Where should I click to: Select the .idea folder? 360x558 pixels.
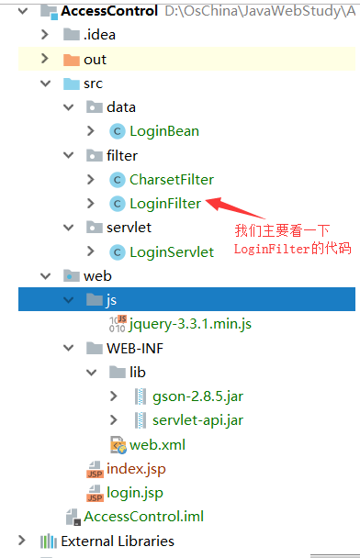(99, 35)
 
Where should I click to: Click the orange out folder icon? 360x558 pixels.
(70, 59)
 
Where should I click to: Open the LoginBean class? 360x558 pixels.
(163, 130)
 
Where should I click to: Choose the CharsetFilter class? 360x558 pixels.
(172, 179)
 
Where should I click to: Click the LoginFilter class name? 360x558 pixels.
(165, 203)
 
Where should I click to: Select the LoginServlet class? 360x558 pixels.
(171, 251)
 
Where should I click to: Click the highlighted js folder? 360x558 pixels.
(110, 299)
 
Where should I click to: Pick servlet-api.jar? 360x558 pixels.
(197, 419)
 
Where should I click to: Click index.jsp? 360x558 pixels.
(135, 468)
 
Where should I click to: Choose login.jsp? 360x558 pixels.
(134, 492)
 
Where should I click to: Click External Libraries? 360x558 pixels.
(117, 541)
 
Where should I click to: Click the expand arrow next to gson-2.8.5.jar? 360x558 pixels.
(113, 396)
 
